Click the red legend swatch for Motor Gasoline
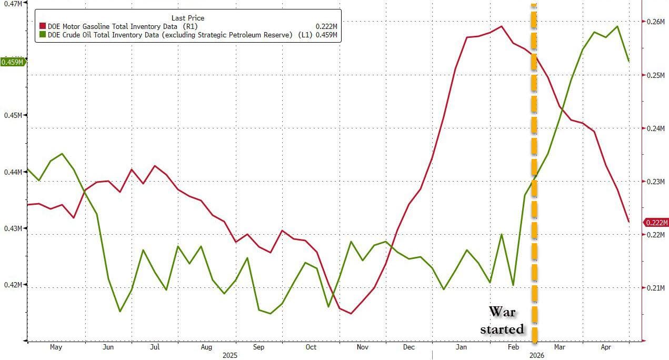tap(43, 26)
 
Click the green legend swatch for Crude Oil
tap(43, 35)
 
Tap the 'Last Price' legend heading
tap(187, 18)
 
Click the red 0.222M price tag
tap(655, 223)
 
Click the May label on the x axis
tap(55, 347)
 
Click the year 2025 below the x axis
tap(229, 355)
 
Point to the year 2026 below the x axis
tap(536, 355)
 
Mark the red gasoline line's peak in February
tap(501, 26)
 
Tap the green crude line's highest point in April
tap(617, 26)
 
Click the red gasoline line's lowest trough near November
tap(351, 313)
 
